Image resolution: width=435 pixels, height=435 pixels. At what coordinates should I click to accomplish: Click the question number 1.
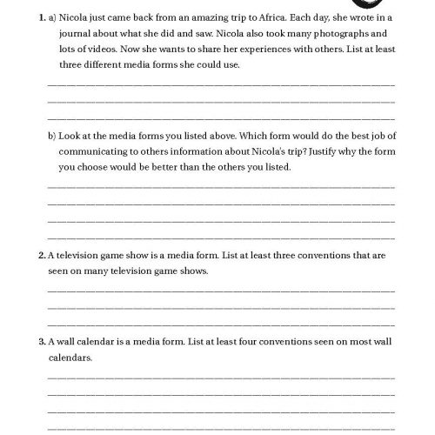pos(31,17)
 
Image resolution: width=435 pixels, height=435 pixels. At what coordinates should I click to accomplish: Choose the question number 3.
pos(31,342)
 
